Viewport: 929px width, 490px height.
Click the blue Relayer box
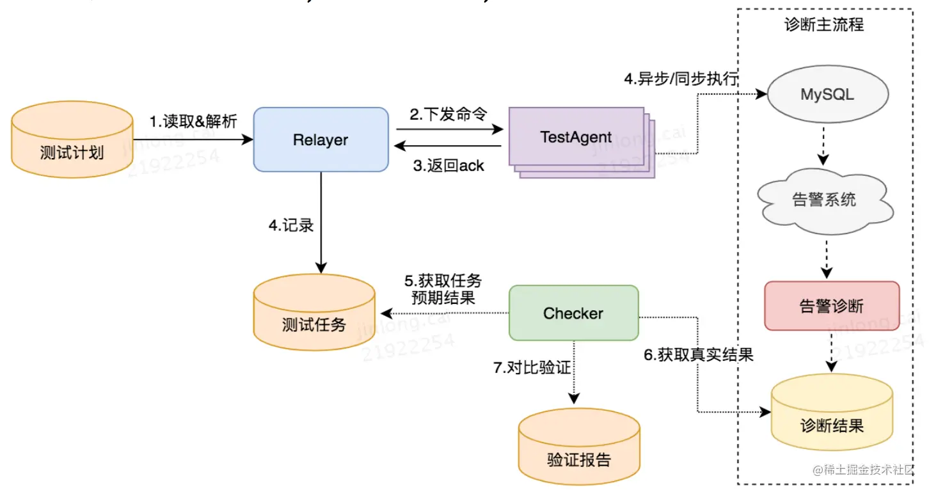[x=321, y=139]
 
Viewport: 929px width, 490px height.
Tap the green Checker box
[x=573, y=313]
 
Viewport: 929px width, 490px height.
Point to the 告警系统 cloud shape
[x=824, y=200]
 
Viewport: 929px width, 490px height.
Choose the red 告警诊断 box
[x=831, y=306]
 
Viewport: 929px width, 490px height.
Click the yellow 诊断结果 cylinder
[x=831, y=414]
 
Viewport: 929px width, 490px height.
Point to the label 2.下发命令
[x=449, y=115]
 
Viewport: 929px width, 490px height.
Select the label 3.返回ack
[x=448, y=166]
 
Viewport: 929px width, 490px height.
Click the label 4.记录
[x=291, y=225]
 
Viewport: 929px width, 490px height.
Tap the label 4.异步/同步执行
[x=681, y=79]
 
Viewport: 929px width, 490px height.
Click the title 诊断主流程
[x=824, y=25]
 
